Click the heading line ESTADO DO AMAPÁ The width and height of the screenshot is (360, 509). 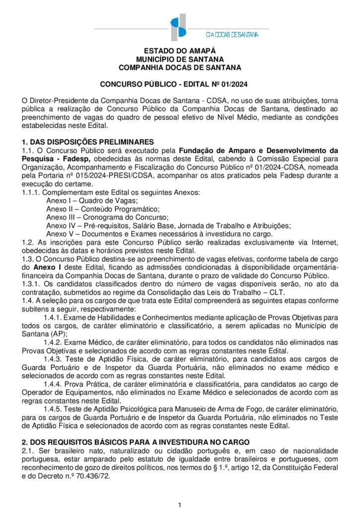coord(180,51)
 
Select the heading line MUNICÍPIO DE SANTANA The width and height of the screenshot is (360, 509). coord(180,59)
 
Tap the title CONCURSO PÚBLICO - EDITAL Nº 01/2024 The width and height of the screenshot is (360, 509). coord(180,84)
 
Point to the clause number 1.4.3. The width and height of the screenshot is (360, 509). coord(53,359)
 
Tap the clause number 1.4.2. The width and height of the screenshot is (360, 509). coord(53,342)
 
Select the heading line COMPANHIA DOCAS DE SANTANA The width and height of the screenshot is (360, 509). coord(180,67)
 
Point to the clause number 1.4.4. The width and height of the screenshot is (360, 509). coord(53,384)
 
